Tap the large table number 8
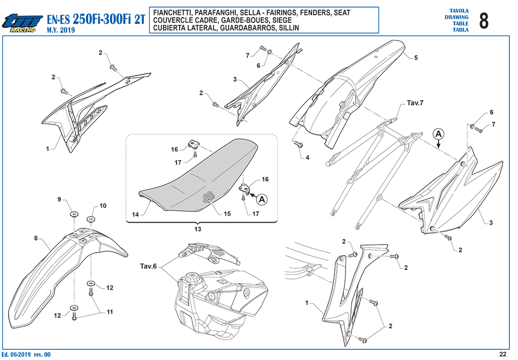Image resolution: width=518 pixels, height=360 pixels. pos(483,20)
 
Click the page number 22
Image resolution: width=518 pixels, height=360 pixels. pos(503,354)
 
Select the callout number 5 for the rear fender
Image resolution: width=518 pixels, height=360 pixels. pos(416,58)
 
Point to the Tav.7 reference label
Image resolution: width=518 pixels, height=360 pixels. pos(415,103)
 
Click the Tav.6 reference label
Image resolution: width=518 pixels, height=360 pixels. pos(148,266)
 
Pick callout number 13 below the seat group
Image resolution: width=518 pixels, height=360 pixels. pos(198,229)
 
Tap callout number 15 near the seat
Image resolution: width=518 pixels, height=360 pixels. pos(227,214)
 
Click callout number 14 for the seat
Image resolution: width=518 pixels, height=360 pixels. pos(136,215)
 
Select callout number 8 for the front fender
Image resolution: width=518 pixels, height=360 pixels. pos(36,238)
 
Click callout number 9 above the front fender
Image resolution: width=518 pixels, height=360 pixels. pos(60,199)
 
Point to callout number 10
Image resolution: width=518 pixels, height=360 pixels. pos(103,206)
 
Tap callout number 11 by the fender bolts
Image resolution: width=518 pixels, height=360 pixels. pos(110,312)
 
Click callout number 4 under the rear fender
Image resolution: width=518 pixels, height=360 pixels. pos(307,157)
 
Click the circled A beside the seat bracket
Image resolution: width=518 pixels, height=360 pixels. pos(262,199)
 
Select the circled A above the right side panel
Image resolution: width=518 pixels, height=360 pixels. pos(439,134)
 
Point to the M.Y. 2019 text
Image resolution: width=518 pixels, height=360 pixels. pos(61,30)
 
